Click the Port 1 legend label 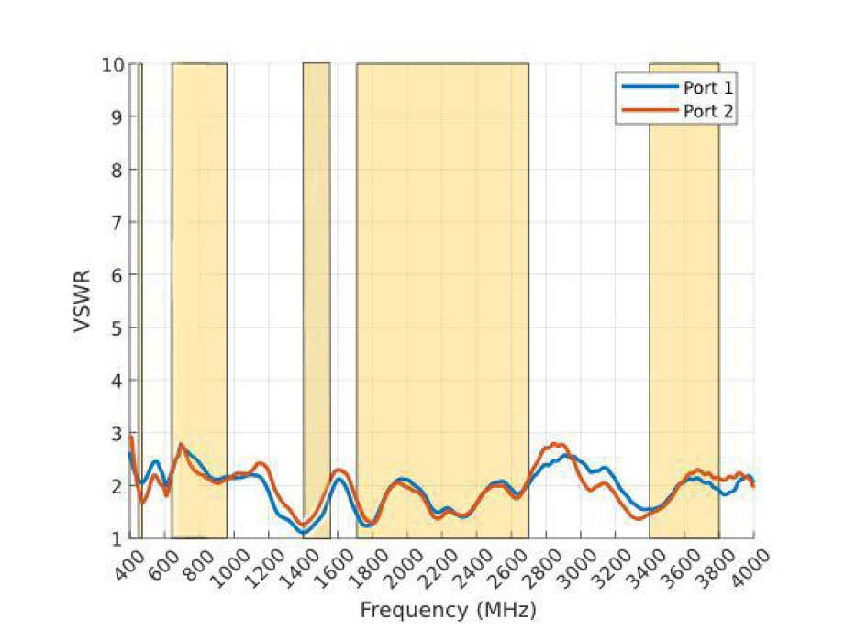pos(707,87)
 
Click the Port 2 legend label pos(707,111)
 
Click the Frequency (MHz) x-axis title pos(448,610)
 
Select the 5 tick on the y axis pos(117,327)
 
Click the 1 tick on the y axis pos(117,538)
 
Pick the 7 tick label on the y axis pos(117,222)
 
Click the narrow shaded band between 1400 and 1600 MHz pos(317,275)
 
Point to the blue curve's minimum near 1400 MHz pos(305,533)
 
